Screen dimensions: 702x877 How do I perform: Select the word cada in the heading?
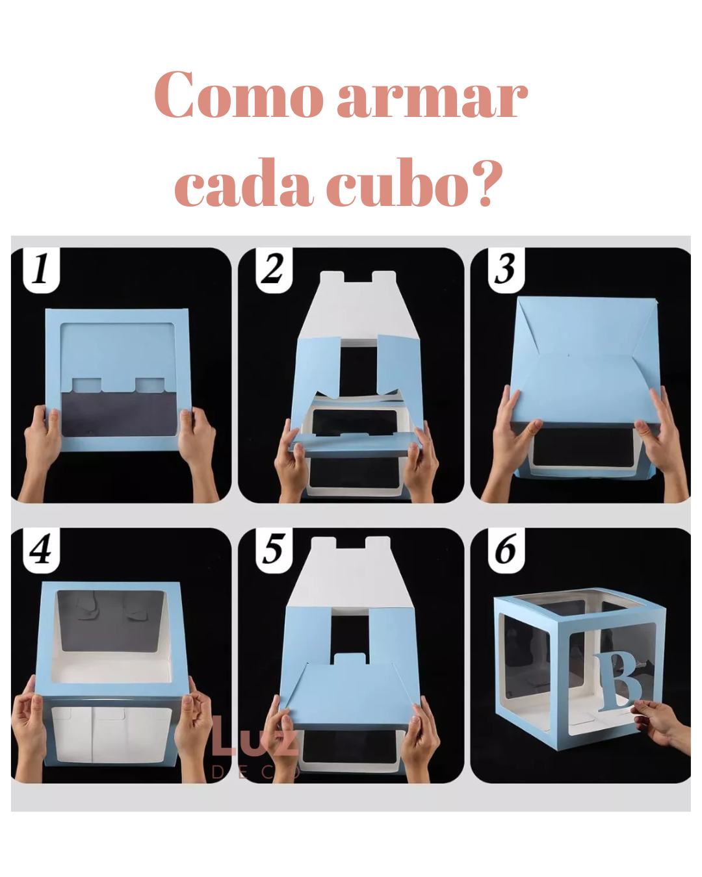244,182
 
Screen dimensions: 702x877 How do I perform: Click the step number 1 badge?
42,270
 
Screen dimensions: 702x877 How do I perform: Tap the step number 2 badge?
274,270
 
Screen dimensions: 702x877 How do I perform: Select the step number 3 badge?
506,270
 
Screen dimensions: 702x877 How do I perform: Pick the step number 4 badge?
42,550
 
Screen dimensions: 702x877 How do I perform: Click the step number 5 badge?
274,550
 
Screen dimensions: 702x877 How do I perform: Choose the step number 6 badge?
506,550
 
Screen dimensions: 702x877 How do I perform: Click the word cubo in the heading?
398,182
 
